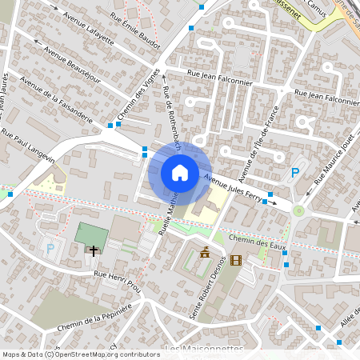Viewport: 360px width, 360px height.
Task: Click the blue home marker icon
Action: [179, 173]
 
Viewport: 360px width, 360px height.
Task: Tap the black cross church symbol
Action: [94, 251]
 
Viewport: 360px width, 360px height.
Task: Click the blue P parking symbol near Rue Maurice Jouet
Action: [296, 173]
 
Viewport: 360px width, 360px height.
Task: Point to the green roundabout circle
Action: [299, 211]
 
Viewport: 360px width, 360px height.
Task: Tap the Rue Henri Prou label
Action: [117, 283]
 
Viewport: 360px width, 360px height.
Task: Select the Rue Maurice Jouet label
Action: [331, 166]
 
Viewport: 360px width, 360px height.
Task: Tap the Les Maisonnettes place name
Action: [204, 350]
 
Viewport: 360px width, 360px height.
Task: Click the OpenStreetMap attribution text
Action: [81, 354]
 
